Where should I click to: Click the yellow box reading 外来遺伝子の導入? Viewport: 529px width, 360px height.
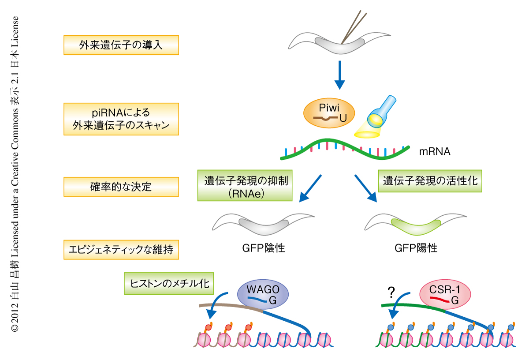pos(121,45)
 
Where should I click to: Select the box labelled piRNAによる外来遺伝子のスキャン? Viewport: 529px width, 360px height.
pos(121,119)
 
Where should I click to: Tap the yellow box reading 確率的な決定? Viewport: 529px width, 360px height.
pos(121,187)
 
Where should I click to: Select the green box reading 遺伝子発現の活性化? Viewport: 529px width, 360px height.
pos(430,181)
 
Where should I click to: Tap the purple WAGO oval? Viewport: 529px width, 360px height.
pos(263,295)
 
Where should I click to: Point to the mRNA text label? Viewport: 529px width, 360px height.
pos(435,152)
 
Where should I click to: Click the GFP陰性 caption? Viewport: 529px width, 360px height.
pos(264,248)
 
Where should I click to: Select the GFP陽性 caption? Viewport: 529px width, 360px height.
pos(416,248)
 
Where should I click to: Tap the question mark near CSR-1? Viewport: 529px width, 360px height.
pos(391,292)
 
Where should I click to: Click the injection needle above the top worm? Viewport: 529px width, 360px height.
pos(355,26)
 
